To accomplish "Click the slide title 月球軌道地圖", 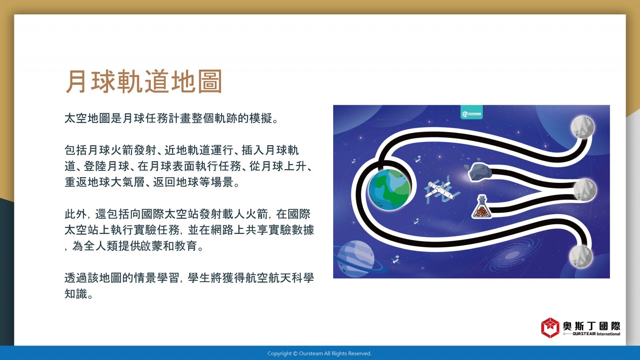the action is (144, 82).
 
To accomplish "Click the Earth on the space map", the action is (389, 190).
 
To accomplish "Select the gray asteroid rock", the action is (480, 172).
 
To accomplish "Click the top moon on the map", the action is (582, 127).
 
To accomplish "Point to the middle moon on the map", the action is (585, 190).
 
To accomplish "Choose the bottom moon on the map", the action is (581, 256).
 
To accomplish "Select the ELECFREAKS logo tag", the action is (472, 112).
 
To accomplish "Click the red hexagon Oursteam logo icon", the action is (550, 328).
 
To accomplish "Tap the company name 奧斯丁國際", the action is (592, 326).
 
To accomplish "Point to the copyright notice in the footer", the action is (320, 354).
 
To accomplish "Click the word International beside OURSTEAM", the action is (608, 334).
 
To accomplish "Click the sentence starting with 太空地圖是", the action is (172, 118).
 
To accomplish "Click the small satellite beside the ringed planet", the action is (396, 260).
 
